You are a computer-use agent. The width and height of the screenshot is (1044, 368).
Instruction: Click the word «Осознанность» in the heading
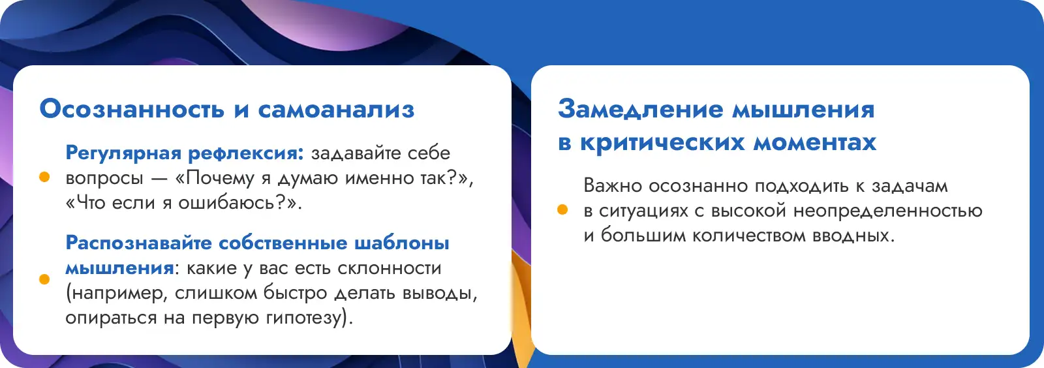(132, 109)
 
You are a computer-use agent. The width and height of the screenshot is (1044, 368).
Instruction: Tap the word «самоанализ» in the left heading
(336, 110)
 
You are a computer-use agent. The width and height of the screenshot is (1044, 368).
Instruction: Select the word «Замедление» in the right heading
(641, 110)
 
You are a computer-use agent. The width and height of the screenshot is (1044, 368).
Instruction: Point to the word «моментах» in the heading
(815, 142)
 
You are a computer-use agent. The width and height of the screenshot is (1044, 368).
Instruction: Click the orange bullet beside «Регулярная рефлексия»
(44, 177)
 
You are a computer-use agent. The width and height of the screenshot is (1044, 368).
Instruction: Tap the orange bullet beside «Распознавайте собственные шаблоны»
(44, 279)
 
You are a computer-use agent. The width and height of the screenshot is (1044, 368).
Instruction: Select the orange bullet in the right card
(562, 209)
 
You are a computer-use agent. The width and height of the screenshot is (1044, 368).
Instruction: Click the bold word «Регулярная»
(123, 153)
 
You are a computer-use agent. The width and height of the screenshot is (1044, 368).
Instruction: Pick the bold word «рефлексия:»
(246, 153)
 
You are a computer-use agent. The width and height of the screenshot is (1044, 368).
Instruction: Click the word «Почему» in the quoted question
(215, 178)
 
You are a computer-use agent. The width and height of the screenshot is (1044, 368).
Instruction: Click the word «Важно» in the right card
(613, 185)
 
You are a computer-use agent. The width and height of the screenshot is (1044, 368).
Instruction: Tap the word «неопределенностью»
(888, 211)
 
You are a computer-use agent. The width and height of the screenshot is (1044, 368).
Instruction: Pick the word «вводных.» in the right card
(854, 236)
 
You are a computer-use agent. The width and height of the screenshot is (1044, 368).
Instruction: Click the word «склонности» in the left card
(389, 268)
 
